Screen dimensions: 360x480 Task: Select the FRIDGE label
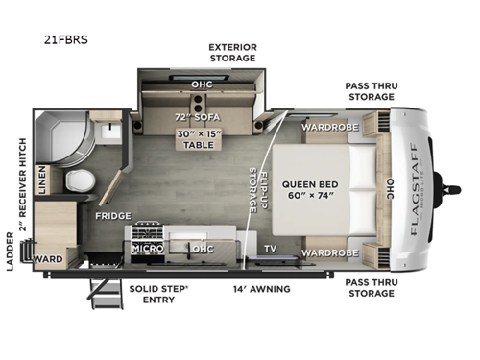pos(112,216)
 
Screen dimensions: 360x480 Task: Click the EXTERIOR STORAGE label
pos(232,52)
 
